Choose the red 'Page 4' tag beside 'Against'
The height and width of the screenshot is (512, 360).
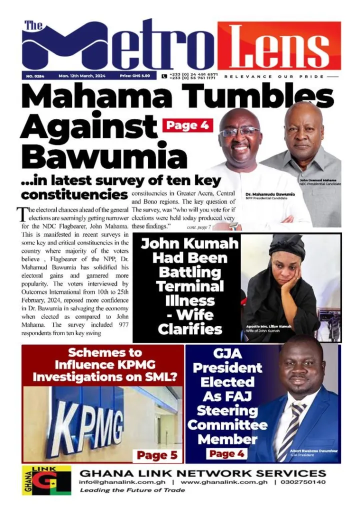pyautogui.click(x=187, y=125)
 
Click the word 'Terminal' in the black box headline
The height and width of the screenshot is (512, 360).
pyautogui.click(x=189, y=286)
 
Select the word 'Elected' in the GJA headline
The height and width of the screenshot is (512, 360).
pyautogui.click(x=227, y=382)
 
